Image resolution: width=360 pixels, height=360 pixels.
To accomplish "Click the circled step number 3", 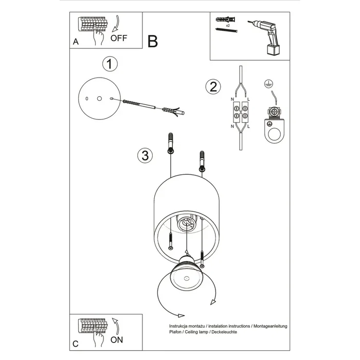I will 146,155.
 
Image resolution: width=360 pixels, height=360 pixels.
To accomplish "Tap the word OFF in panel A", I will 119,38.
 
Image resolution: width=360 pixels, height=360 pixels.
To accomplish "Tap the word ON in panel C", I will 117,339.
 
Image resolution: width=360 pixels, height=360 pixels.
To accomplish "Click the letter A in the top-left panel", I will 76,43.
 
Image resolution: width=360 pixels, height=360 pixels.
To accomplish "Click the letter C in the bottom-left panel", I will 76,343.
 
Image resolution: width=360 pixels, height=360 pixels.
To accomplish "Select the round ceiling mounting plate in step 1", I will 99,98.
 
